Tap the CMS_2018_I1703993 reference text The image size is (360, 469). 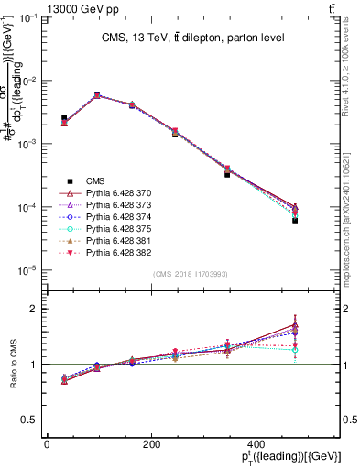[x=191, y=274]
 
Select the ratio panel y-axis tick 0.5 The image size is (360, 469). [x=34, y=420]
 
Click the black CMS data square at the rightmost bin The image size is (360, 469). [x=295, y=221]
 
